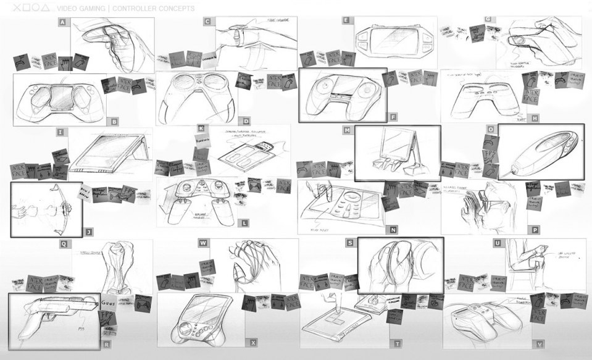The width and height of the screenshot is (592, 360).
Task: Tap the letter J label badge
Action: (x=89, y=232)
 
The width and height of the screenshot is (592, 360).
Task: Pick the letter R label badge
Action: (x=107, y=344)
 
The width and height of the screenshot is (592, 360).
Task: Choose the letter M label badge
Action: (x=347, y=130)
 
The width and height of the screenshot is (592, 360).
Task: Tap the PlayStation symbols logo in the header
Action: (x=30, y=9)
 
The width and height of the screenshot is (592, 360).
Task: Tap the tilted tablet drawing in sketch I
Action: (x=108, y=154)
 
